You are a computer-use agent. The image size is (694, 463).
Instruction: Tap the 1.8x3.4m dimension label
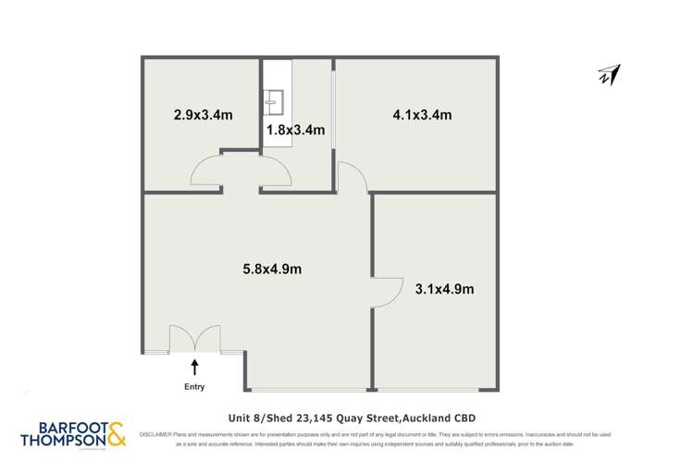coord(295,131)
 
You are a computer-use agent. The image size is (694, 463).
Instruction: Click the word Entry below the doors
coord(194,387)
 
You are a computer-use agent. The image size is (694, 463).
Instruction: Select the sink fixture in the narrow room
coord(276,98)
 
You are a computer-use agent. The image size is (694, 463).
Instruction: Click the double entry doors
coord(194,338)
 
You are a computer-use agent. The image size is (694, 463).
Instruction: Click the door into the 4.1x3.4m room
coord(353,178)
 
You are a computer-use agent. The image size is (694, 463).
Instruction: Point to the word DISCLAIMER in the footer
coord(155,433)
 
